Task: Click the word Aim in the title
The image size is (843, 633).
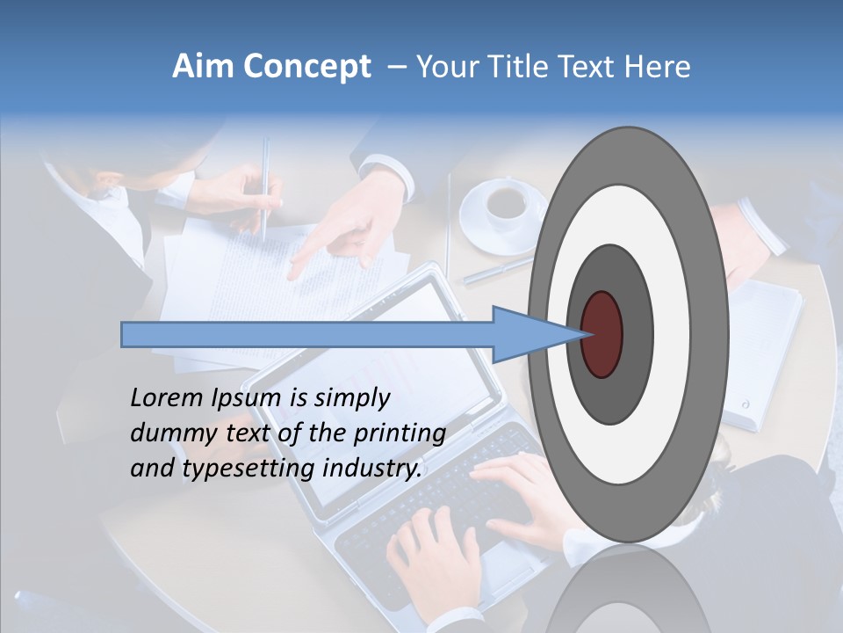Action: point(203,67)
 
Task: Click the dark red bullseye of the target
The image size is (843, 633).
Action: point(602,334)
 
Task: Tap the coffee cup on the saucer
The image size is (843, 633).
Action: point(506,201)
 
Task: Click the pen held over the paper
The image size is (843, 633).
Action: point(265,189)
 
